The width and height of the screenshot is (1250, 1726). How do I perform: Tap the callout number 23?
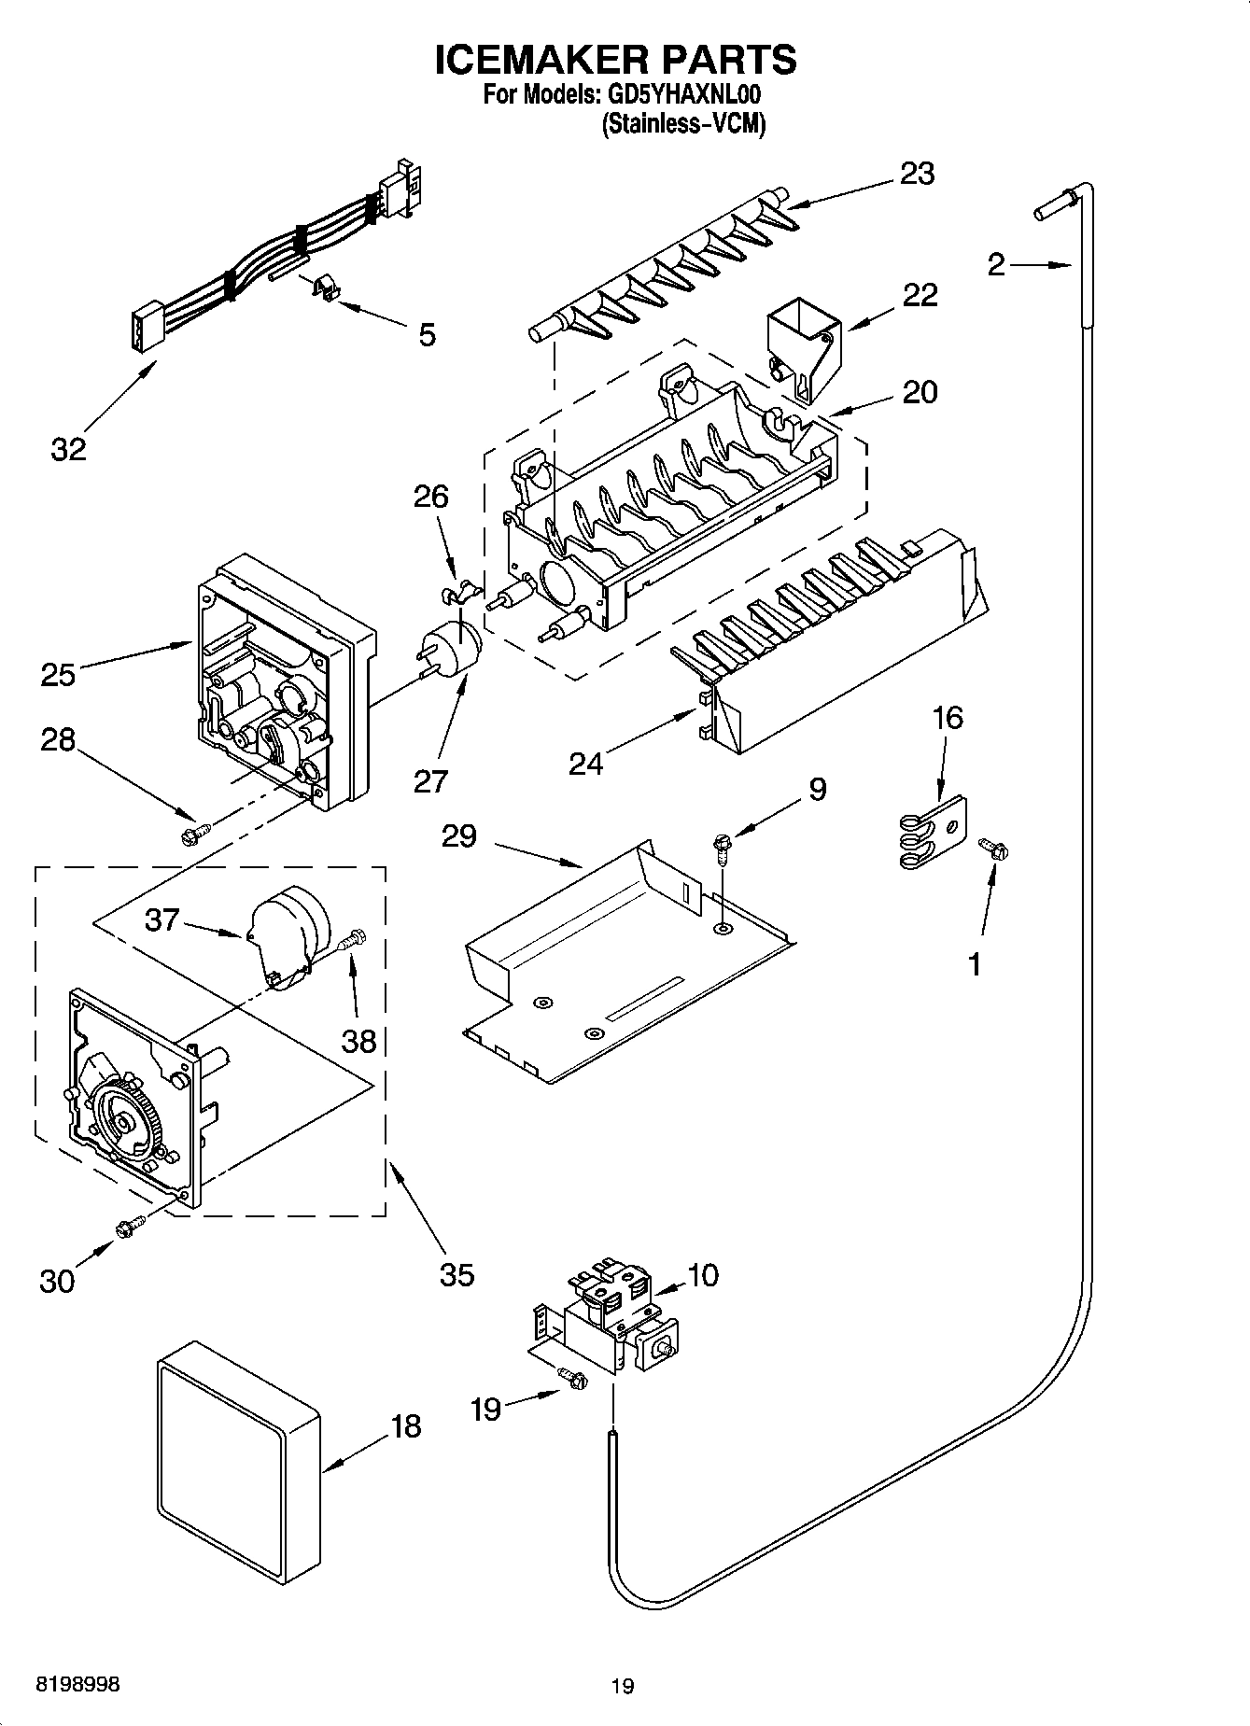[x=917, y=174]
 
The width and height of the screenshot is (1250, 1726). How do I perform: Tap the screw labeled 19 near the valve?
[x=570, y=1377]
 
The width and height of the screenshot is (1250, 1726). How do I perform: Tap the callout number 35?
[x=456, y=1273]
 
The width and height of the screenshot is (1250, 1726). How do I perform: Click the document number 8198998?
[x=77, y=1684]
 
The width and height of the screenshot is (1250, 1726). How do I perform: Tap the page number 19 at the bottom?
[x=623, y=1686]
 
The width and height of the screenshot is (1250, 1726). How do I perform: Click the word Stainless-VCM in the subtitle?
[x=683, y=124]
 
